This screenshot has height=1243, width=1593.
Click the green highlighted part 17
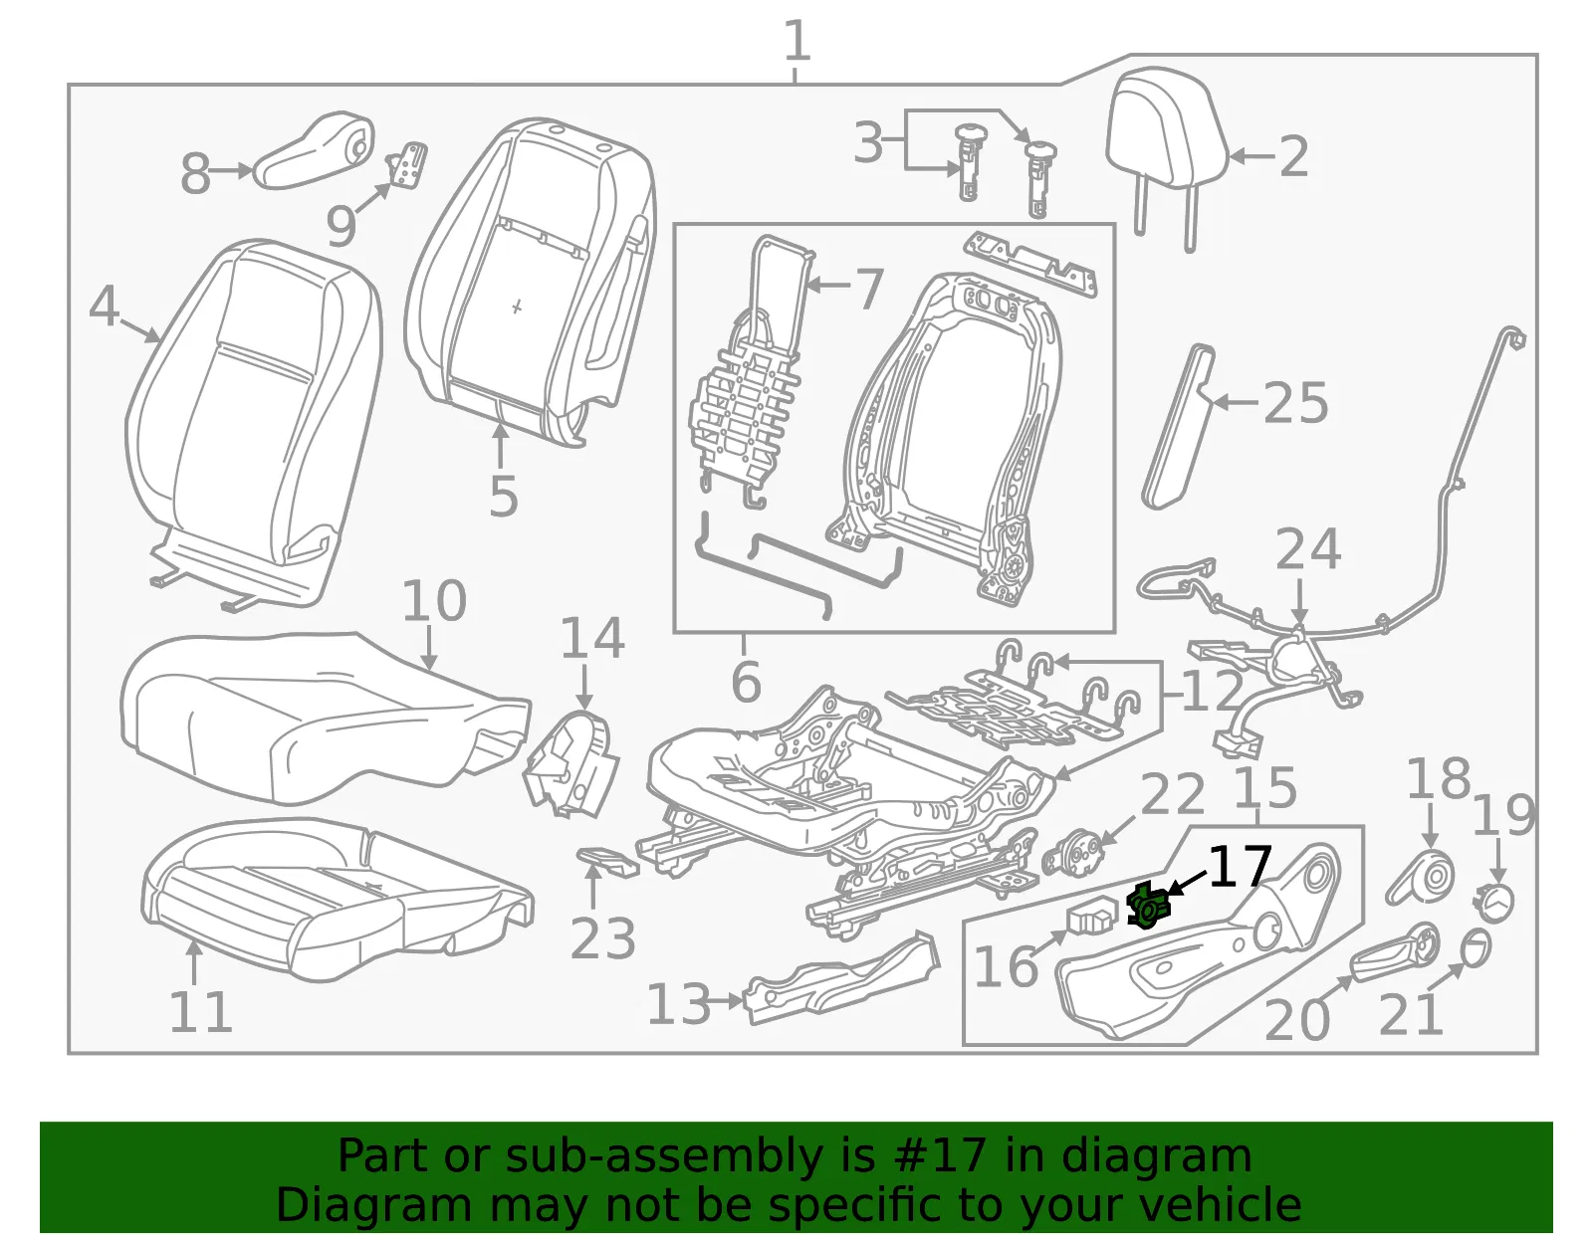click(x=1149, y=906)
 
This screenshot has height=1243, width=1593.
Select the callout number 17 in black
click(x=1240, y=867)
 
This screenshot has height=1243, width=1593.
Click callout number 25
click(x=1295, y=402)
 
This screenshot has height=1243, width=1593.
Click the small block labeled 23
click(x=607, y=862)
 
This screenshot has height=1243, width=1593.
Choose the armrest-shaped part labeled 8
click(x=314, y=151)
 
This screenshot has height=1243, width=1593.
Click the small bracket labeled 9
click(x=407, y=164)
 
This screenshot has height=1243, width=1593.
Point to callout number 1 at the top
click(x=796, y=41)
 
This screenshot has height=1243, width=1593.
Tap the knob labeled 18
click(x=1421, y=876)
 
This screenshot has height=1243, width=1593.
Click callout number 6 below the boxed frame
click(x=746, y=681)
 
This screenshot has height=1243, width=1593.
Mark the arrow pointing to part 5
click(x=500, y=445)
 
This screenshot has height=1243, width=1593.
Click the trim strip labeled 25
click(x=1178, y=426)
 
